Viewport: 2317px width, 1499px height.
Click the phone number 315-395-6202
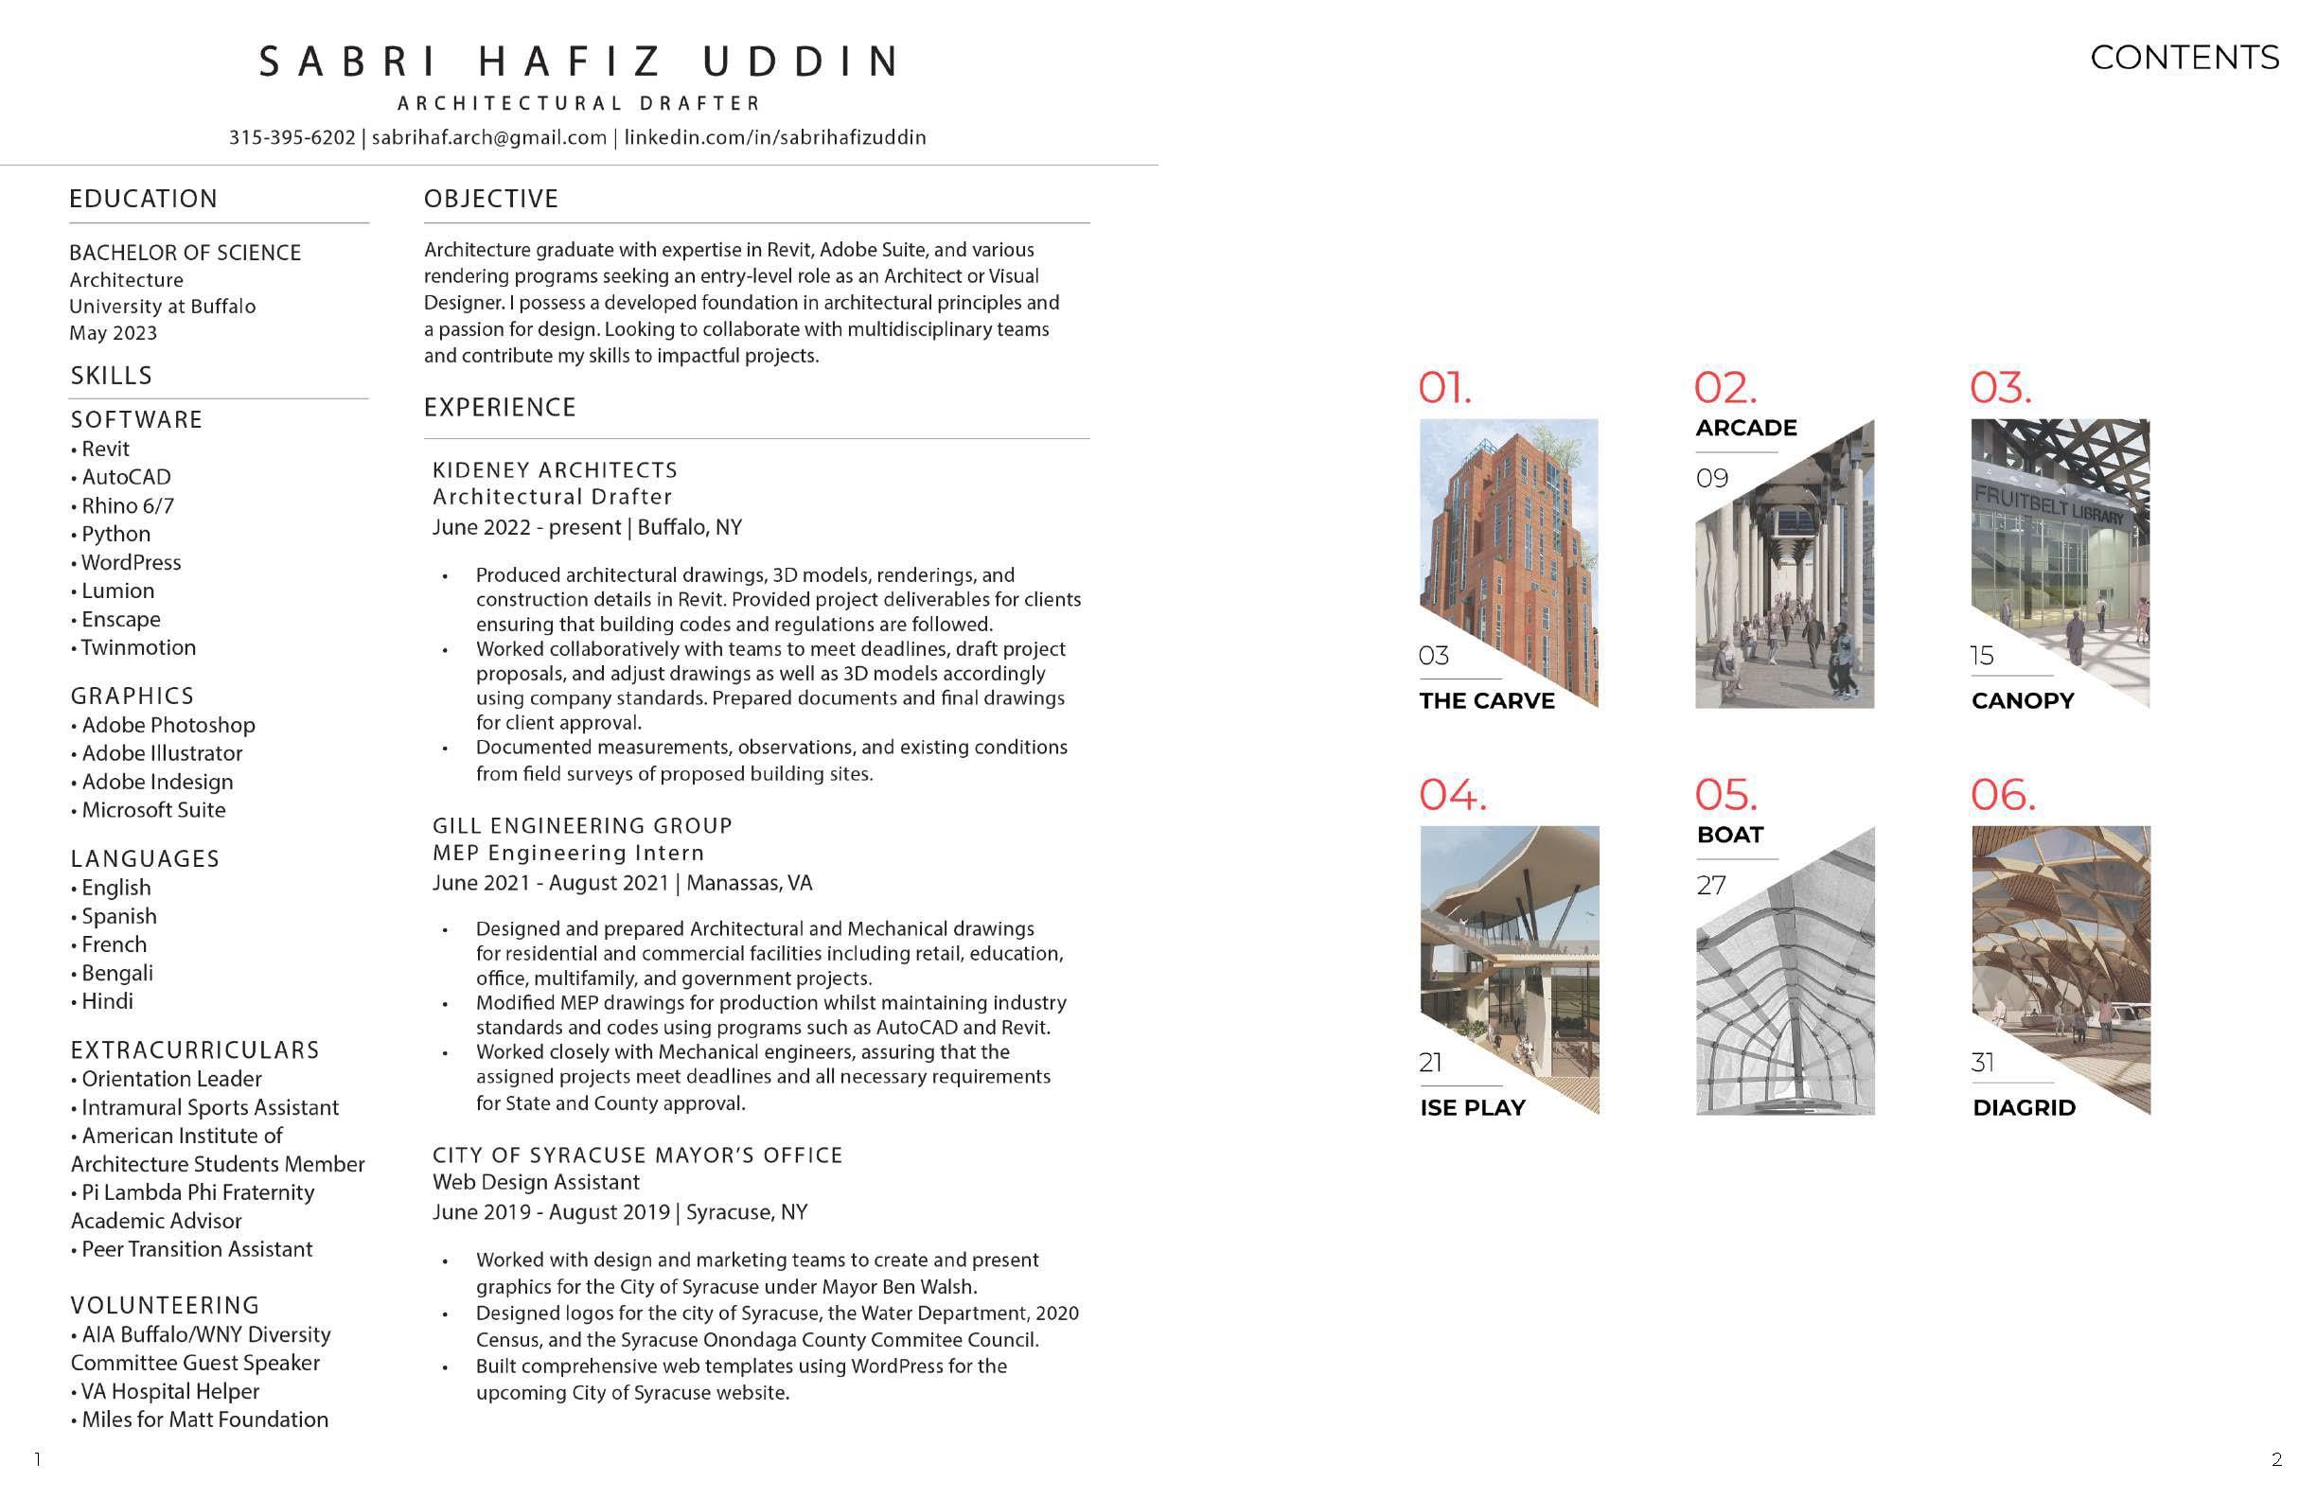tap(292, 137)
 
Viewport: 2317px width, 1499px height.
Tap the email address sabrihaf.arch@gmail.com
tap(488, 137)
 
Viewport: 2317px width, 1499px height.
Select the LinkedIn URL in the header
tap(775, 137)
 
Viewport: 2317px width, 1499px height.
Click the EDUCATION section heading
tap(144, 199)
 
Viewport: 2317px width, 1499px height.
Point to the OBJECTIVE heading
tap(490, 199)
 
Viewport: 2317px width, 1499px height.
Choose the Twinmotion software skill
tap(138, 647)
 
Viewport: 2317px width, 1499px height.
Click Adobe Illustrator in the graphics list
tap(162, 753)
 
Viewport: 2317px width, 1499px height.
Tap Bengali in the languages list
tap(116, 973)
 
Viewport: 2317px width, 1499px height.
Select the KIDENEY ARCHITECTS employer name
tap(555, 470)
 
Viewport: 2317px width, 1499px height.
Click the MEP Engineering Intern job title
tap(569, 853)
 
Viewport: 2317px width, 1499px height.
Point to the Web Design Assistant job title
tap(536, 1182)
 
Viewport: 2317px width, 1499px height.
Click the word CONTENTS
tap(2184, 58)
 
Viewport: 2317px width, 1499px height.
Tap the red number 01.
tap(1443, 388)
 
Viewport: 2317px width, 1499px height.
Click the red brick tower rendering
tap(1509, 545)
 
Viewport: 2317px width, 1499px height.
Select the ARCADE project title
tap(1745, 429)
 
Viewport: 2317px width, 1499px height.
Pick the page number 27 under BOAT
tap(1710, 886)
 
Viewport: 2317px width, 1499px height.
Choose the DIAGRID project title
tap(2023, 1108)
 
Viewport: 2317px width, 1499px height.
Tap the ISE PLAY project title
tap(1472, 1108)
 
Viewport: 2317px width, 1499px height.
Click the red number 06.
tap(2002, 795)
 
